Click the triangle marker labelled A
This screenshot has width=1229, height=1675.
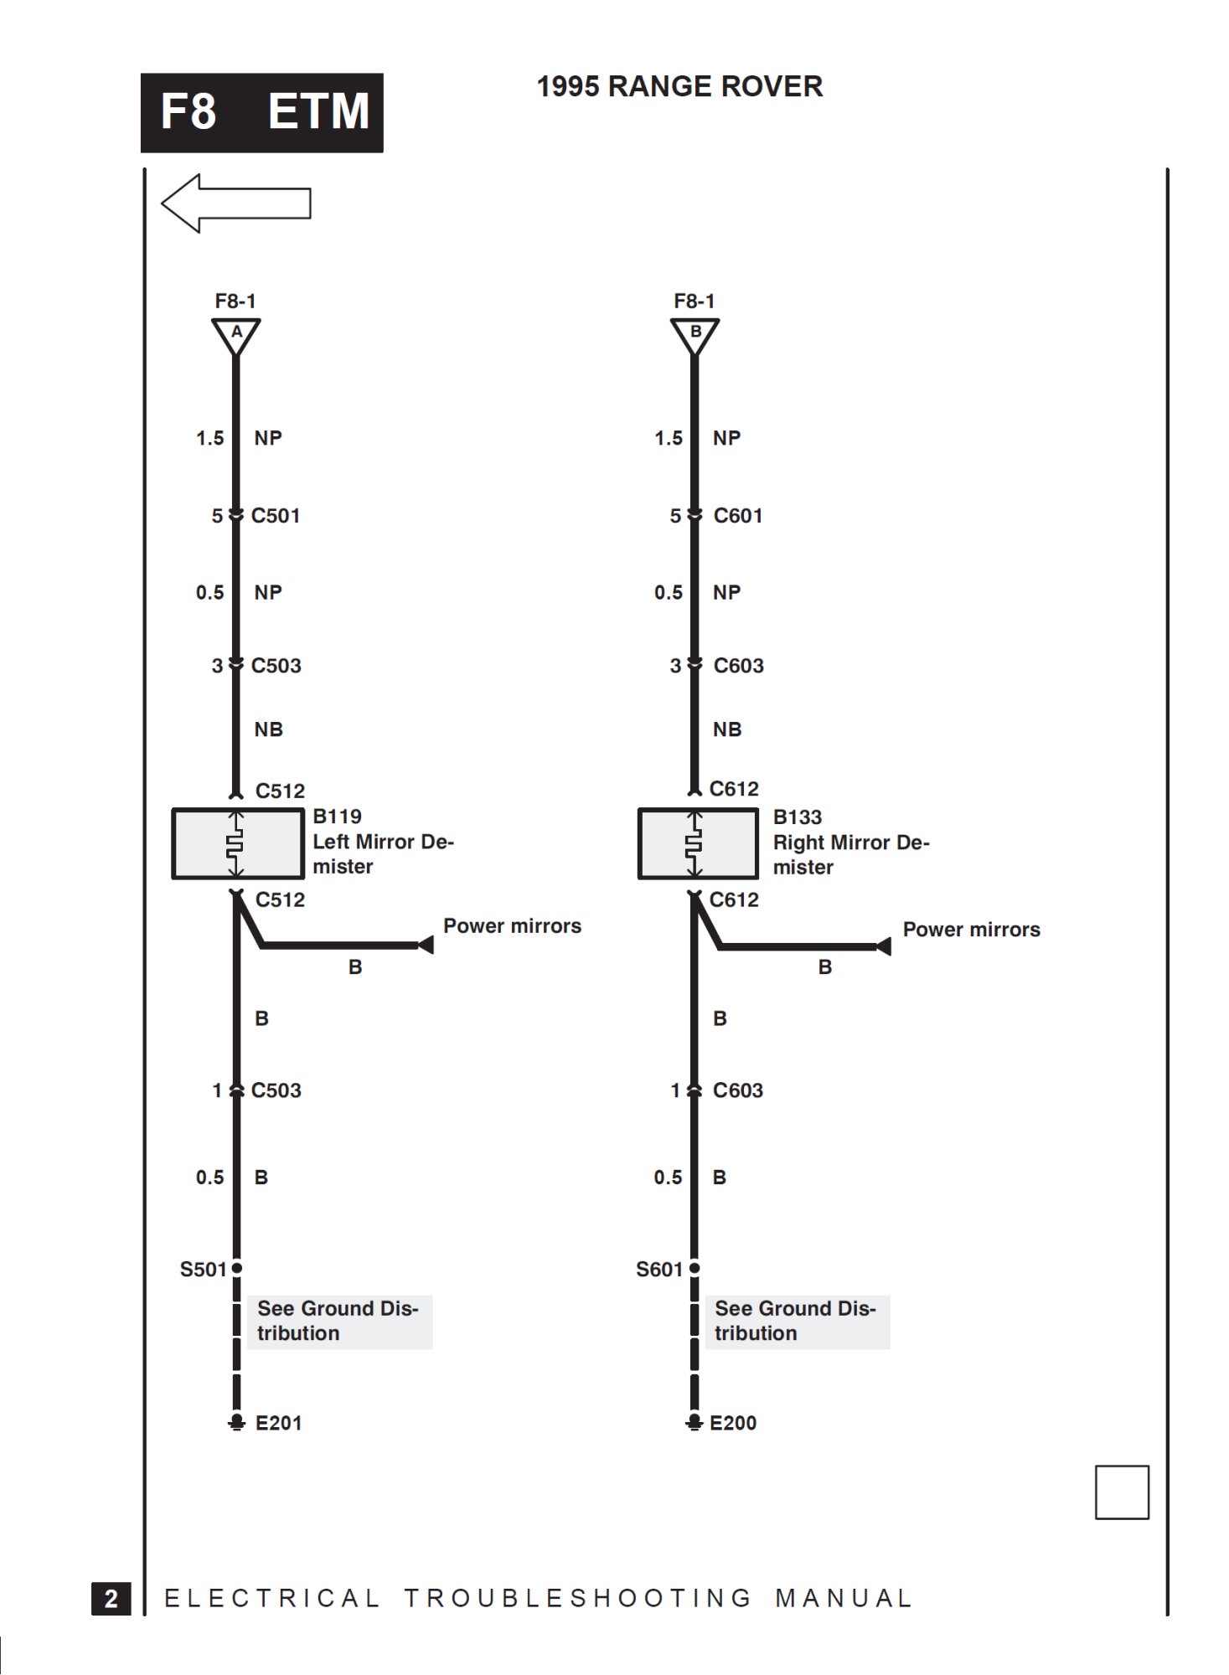[236, 333]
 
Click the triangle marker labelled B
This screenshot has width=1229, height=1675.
[695, 333]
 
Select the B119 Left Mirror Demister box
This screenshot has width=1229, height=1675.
[238, 843]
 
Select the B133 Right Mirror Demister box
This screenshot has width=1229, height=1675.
[697, 843]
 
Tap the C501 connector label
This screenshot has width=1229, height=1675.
[276, 516]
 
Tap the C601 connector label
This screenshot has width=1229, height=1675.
[738, 516]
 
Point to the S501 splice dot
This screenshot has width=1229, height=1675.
[237, 1268]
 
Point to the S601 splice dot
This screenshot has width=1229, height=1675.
[695, 1268]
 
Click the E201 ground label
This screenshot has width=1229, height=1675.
[278, 1423]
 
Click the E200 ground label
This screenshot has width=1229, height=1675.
[733, 1423]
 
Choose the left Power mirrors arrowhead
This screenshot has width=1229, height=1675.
[426, 946]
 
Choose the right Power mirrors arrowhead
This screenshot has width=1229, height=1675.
[884, 946]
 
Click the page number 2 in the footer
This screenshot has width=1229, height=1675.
[111, 1598]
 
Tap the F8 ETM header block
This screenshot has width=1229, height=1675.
[262, 112]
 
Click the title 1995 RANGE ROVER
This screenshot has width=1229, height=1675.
[679, 86]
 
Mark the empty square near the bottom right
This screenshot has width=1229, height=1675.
[1122, 1492]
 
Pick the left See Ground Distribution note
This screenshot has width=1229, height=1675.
[339, 1321]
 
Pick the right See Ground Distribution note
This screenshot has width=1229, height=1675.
[797, 1321]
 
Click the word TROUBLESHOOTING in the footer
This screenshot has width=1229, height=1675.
[578, 1598]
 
